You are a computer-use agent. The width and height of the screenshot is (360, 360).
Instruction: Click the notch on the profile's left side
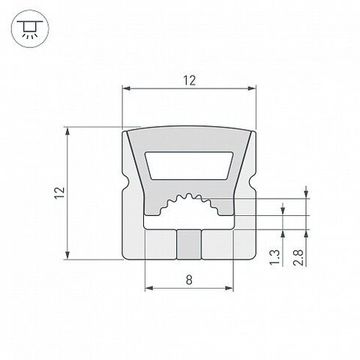(122, 189)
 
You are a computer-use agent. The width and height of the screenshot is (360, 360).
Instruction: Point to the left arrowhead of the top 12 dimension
(126, 92)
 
